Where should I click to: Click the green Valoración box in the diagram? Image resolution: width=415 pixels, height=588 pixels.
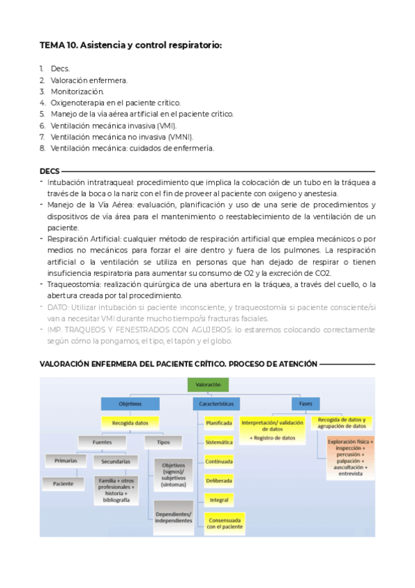[208, 384]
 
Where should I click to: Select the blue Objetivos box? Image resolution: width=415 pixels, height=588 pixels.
[130, 403]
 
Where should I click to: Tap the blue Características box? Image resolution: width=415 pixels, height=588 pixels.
[215, 403]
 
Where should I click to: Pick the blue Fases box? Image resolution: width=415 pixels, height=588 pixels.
[306, 403]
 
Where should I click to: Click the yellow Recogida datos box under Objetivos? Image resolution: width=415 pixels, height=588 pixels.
[130, 421]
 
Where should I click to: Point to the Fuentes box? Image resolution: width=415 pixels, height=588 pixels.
[96, 441]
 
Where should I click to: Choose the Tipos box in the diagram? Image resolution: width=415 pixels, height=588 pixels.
[164, 441]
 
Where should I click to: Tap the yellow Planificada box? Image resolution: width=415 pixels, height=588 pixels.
[219, 422]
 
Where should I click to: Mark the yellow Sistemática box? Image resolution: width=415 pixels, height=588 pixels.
[219, 442]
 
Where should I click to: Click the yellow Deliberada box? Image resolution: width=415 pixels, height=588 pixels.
[219, 480]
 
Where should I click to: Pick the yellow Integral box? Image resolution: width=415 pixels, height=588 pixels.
[219, 499]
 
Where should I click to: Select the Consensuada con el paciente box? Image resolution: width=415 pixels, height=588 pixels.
[224, 522]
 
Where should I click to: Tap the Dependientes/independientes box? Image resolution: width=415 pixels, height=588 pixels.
[173, 517]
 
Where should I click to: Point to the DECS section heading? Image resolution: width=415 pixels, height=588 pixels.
[50, 171]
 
